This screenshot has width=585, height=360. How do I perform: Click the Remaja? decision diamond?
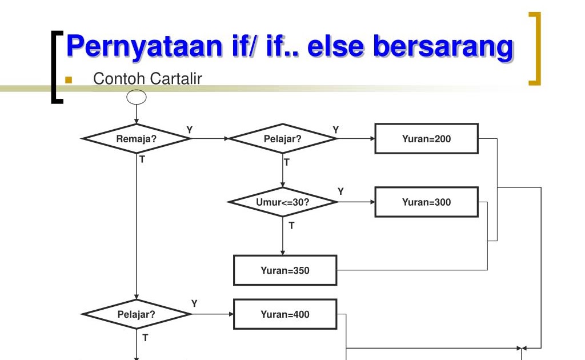point(137,138)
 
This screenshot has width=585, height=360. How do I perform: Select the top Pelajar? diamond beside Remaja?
point(283,138)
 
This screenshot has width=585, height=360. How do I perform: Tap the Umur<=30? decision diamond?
point(283,202)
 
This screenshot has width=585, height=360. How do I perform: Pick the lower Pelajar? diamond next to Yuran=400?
point(137,314)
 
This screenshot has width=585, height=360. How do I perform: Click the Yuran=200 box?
point(426,138)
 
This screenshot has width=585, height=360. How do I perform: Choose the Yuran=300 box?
point(426,202)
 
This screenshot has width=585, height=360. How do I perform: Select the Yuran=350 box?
point(285,270)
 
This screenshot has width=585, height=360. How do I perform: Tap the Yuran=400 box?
point(285,314)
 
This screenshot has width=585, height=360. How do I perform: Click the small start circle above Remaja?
point(137,97)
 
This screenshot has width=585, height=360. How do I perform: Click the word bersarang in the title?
point(443,46)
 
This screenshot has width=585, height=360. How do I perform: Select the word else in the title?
point(334,46)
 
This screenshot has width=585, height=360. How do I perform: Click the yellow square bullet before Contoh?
point(69,79)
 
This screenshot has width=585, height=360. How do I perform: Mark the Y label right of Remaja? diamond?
point(190,130)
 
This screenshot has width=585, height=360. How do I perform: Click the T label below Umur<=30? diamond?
point(291,226)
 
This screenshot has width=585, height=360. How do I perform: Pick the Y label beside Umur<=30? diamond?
point(340,191)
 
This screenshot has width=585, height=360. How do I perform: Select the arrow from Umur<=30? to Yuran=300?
point(356,202)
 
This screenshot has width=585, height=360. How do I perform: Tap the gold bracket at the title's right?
point(535,49)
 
